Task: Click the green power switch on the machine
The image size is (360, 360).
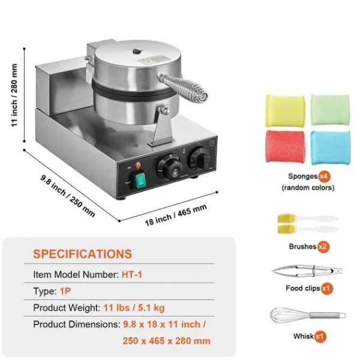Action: point(140,180)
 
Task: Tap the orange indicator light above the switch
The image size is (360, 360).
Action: point(137,165)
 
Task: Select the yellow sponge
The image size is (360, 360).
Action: point(285,110)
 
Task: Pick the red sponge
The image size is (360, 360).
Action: point(286,146)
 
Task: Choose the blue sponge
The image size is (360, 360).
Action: point(331,148)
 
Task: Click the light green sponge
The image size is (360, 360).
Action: point(330,110)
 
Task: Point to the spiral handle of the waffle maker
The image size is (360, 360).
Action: point(184,87)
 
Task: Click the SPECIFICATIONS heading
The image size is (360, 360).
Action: point(82,254)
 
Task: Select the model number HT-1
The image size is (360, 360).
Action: point(132,275)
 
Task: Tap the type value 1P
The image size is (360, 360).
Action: point(65,291)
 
